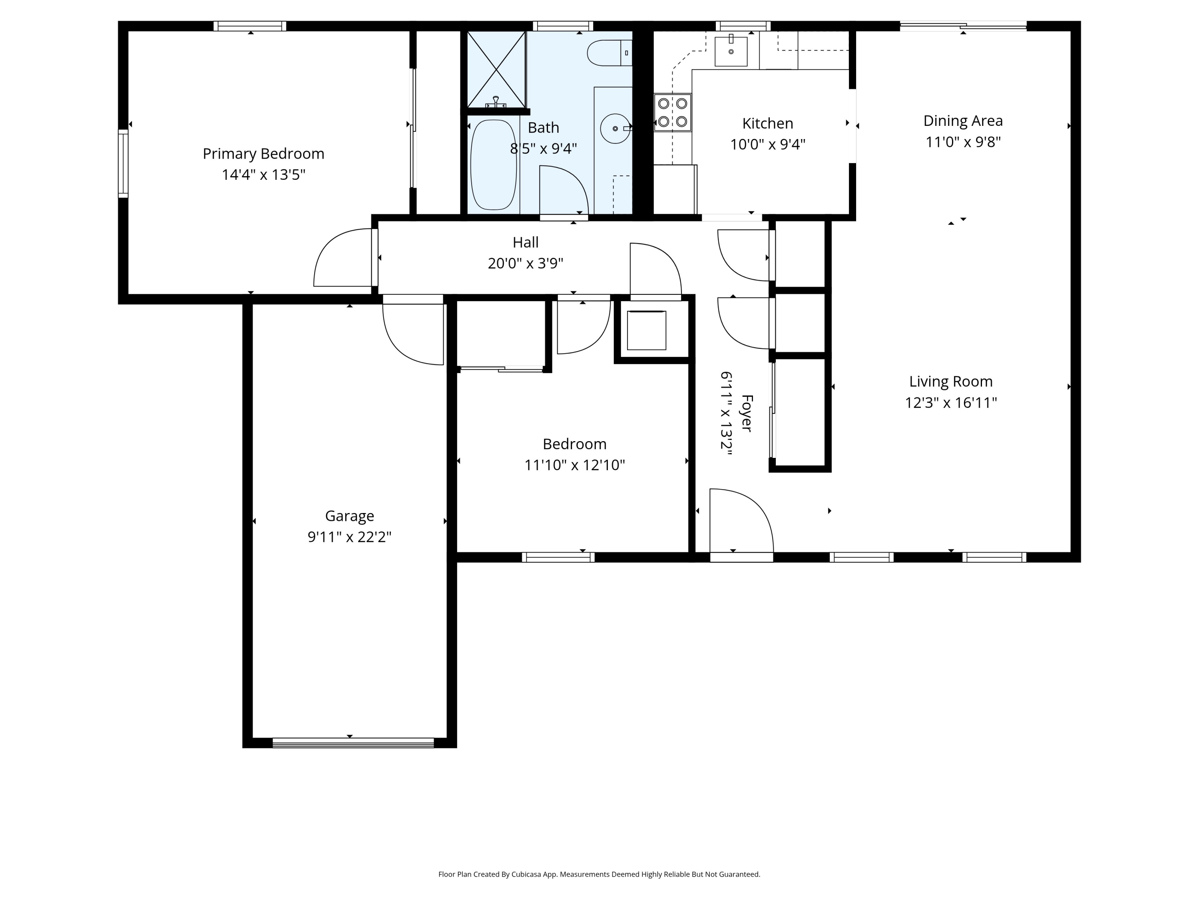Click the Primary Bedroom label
click(263, 154)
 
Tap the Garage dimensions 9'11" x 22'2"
click(350, 537)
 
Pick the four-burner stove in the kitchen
click(672, 113)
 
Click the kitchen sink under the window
click(731, 50)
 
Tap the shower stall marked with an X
click(496, 70)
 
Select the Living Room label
click(951, 382)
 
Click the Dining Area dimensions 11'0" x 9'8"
click(963, 142)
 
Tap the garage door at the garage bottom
click(353, 742)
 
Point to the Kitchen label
click(767, 123)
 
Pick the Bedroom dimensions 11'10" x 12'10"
click(575, 465)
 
